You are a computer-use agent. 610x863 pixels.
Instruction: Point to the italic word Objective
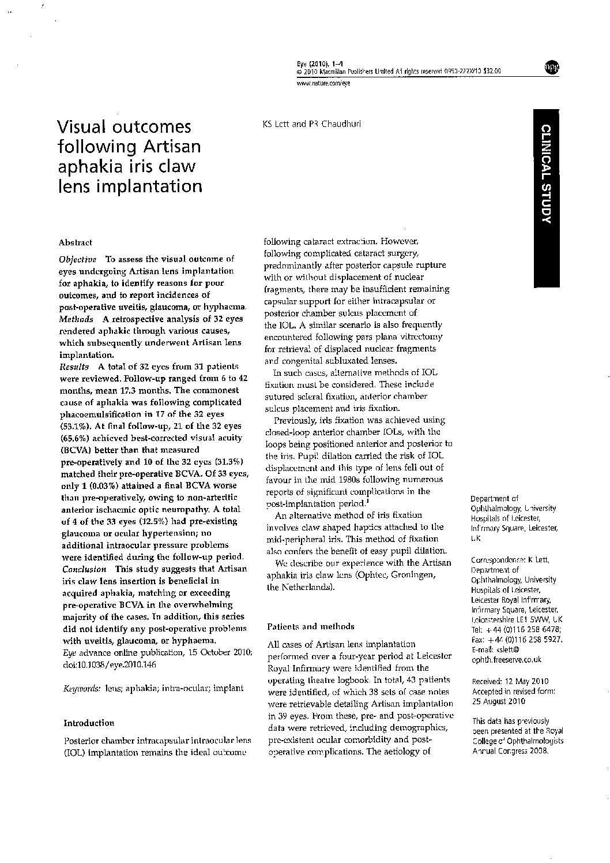[x=78, y=259]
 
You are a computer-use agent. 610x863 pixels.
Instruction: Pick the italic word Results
[x=74, y=366]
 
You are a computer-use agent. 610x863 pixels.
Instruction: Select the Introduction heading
[x=89, y=723]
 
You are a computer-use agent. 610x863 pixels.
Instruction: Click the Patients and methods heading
[x=311, y=626]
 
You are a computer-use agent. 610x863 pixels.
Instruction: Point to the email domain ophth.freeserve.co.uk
[x=506, y=660]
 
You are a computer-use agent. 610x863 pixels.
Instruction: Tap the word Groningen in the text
[x=410, y=575]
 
